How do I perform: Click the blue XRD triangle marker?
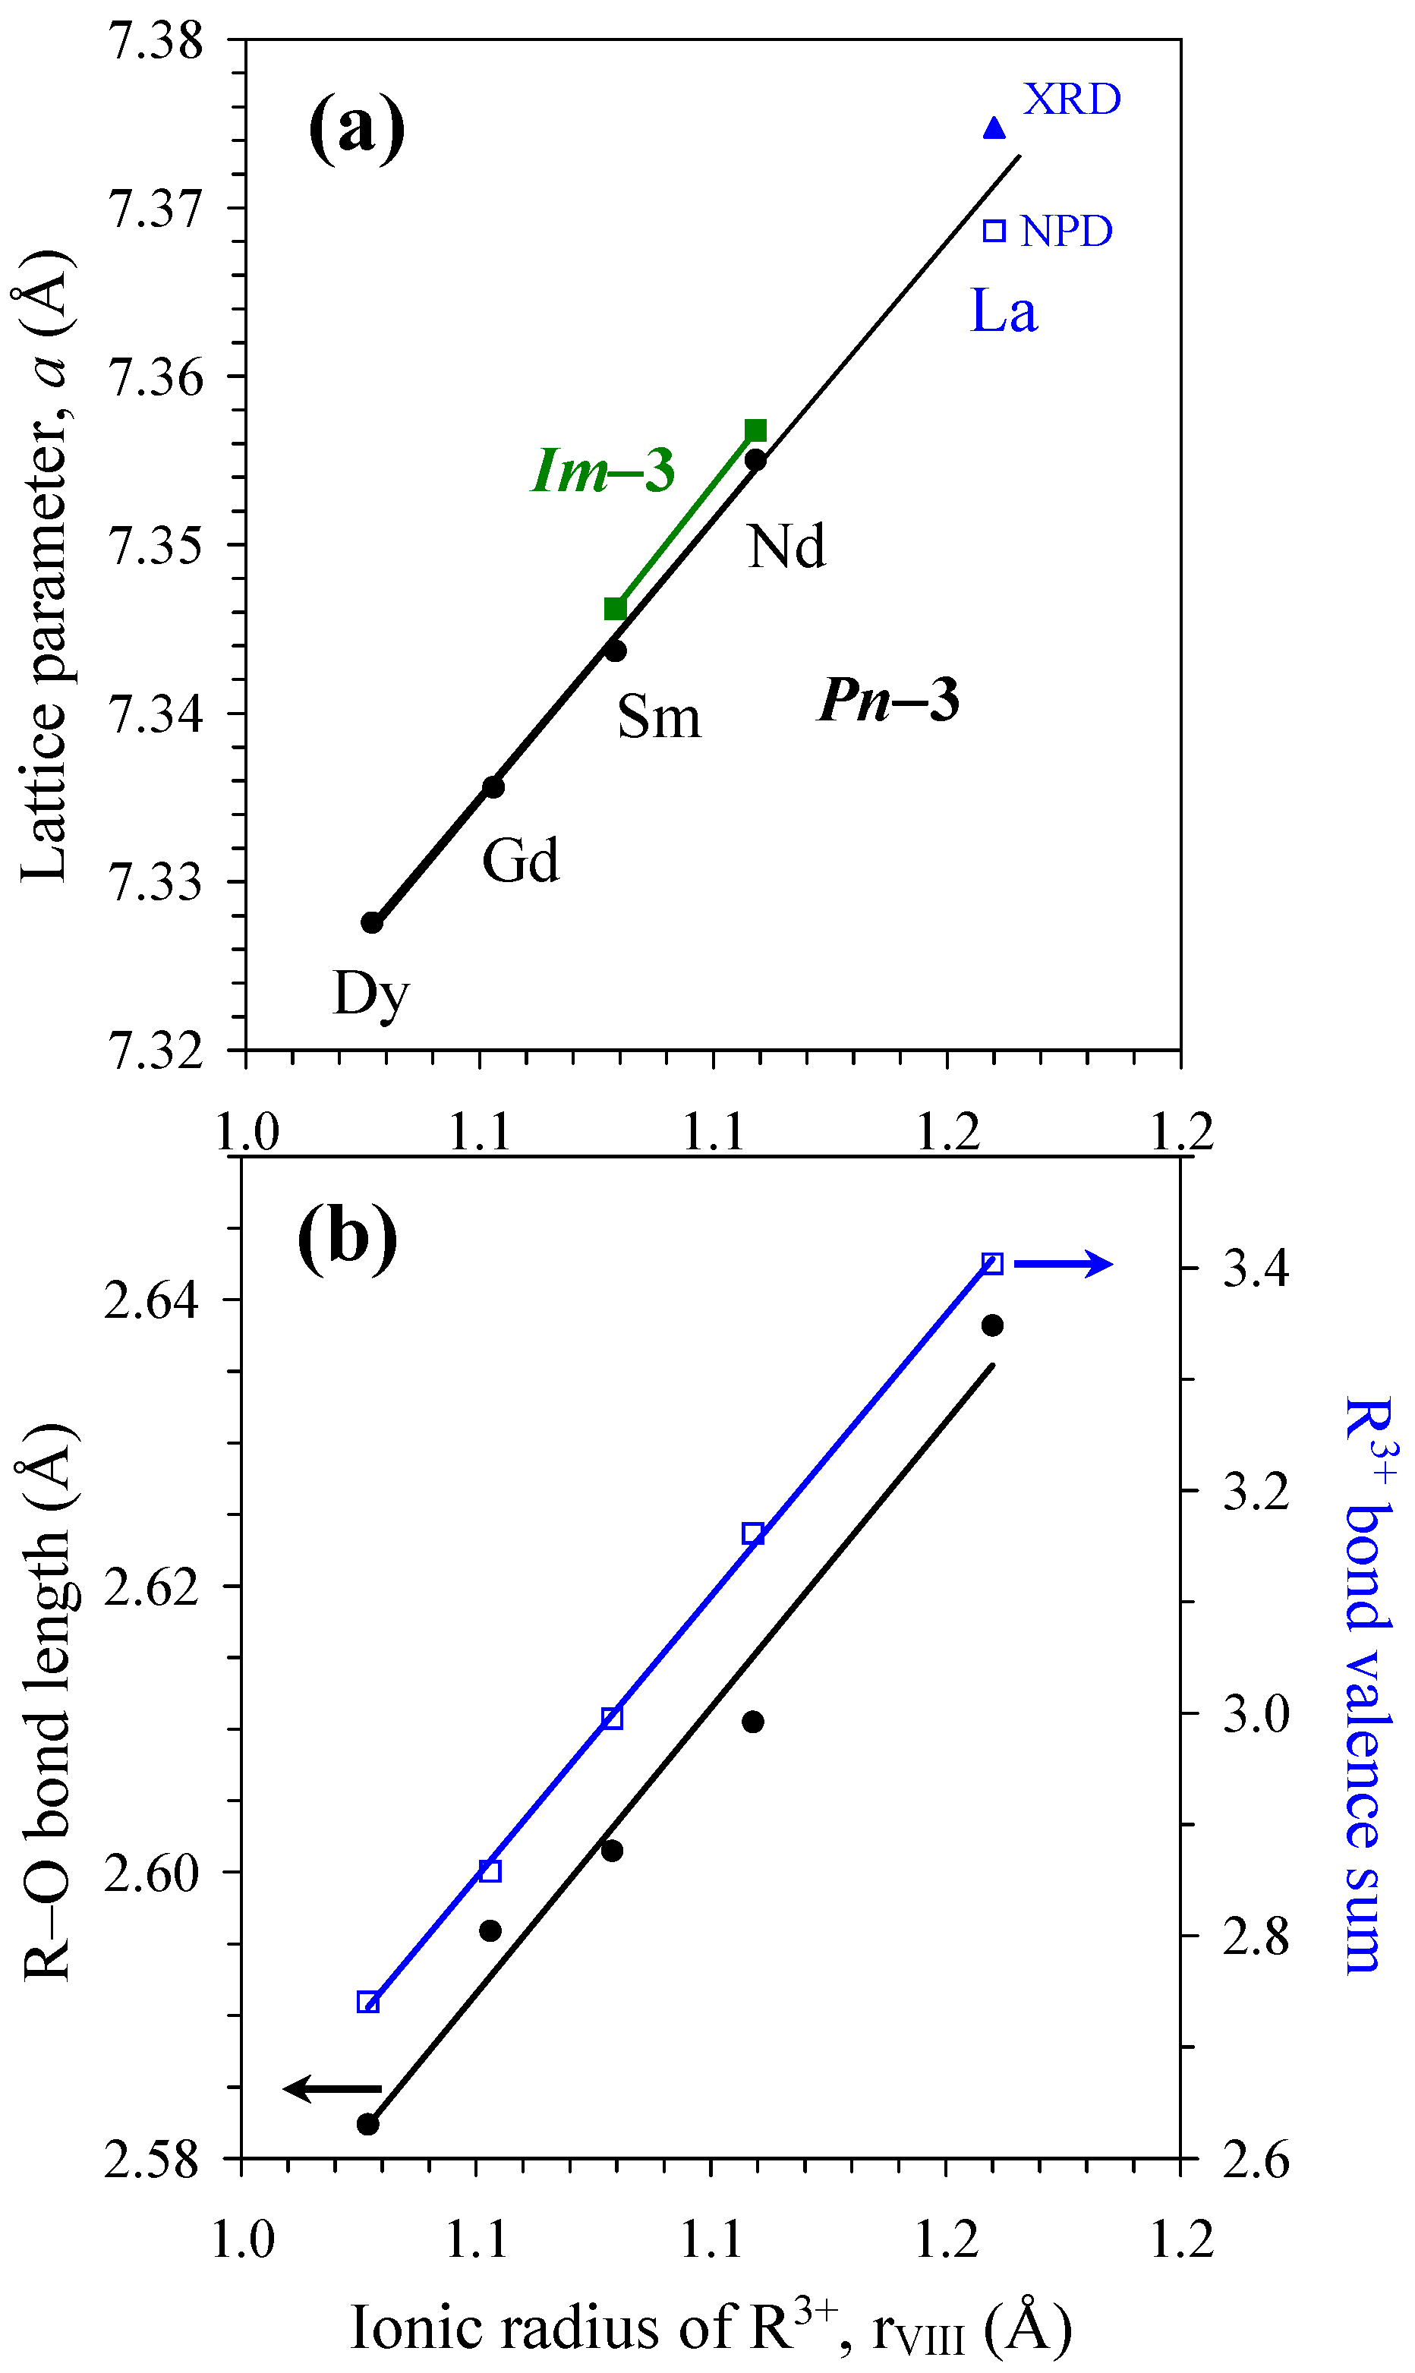994,128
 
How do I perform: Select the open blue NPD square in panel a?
994,231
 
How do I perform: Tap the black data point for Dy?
372,922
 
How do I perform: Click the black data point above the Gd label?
493,786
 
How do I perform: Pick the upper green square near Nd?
755,430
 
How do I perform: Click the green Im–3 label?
603,470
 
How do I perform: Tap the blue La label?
1003,312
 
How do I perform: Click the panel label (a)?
357,129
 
